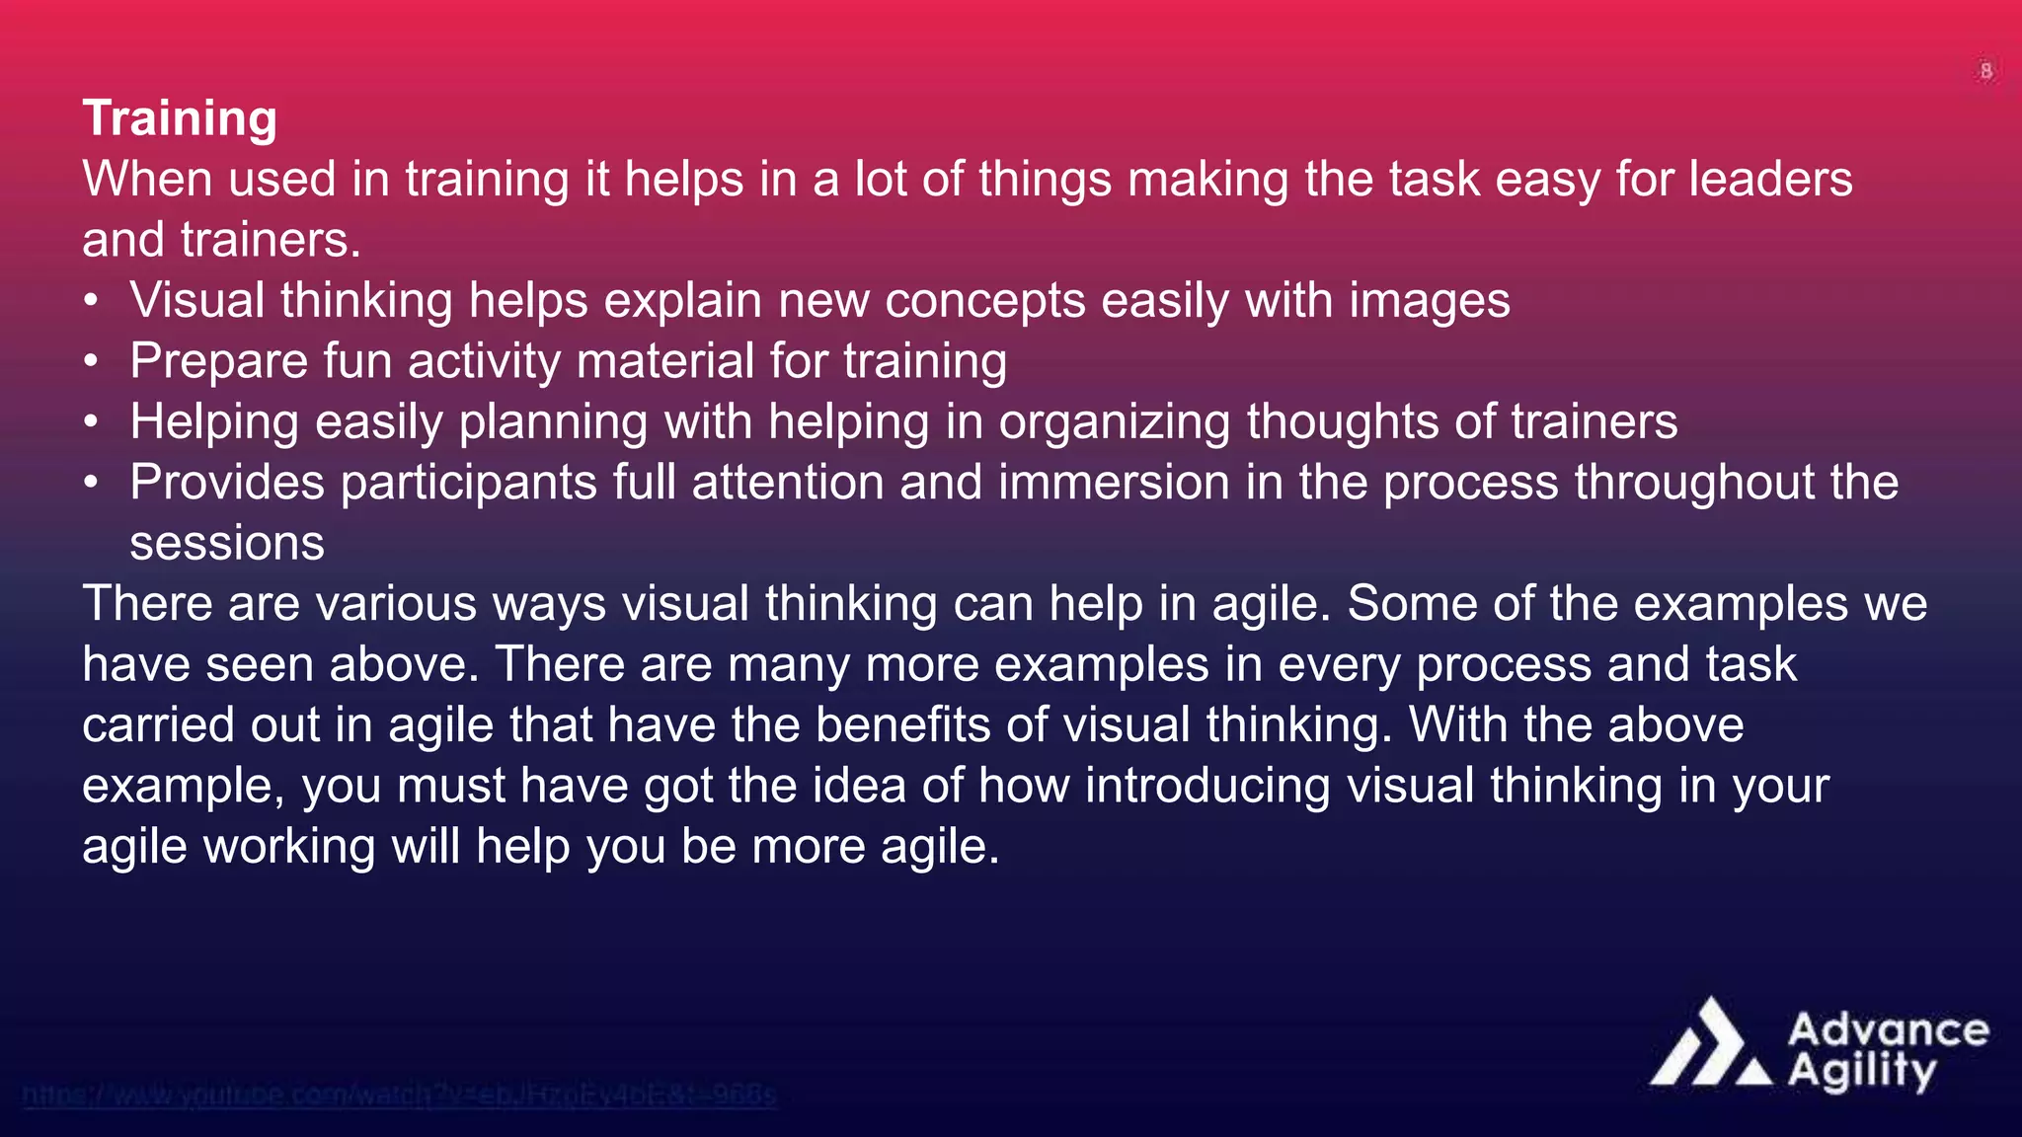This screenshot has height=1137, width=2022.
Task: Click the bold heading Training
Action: click(x=180, y=118)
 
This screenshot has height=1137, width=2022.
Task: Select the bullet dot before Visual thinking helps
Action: click(x=91, y=300)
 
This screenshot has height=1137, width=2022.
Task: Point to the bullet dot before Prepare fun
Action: click(x=91, y=361)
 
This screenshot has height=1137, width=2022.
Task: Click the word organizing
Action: click(x=1114, y=422)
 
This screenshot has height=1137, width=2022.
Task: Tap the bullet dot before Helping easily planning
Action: click(x=91, y=422)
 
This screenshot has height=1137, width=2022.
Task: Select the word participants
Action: click(x=468, y=484)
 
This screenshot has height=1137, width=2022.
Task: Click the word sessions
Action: click(x=227, y=543)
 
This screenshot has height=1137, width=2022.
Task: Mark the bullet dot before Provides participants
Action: click(x=91, y=483)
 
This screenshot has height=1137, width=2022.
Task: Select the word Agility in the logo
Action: click(x=1862, y=1071)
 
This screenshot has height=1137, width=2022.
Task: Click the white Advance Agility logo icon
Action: click(x=1711, y=1045)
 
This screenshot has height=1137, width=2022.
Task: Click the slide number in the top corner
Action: click(x=1986, y=71)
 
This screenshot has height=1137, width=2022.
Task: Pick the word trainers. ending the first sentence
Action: click(x=271, y=240)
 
